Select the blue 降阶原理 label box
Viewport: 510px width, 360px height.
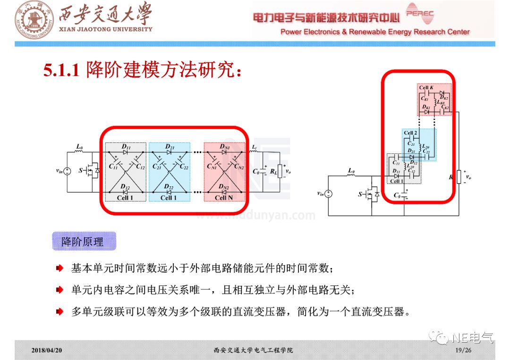(83, 242)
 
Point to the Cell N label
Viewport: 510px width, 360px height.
(224, 198)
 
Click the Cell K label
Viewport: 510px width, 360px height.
(426, 88)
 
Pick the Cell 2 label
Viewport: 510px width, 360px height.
(410, 133)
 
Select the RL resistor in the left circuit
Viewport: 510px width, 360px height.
(280, 171)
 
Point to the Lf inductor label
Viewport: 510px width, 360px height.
(254, 147)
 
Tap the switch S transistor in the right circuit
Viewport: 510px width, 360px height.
(373, 193)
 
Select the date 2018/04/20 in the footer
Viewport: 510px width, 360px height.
(47, 350)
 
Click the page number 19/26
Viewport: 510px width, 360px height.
(463, 350)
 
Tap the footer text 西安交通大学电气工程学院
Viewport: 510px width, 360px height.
(253, 350)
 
